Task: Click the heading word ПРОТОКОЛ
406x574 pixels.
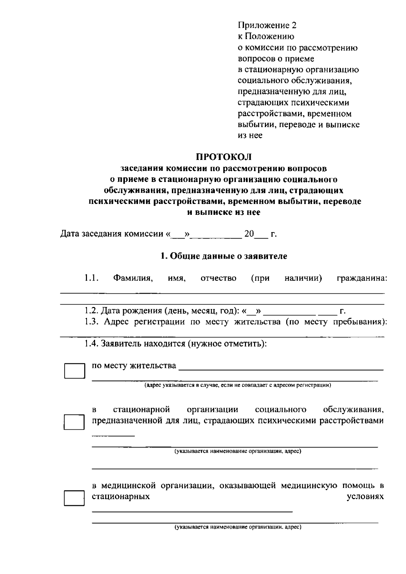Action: pos(224,157)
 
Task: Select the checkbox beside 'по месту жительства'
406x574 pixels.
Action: pos(74,371)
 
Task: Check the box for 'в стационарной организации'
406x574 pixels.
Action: pos(74,422)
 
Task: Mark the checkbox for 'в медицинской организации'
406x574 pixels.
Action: pos(74,498)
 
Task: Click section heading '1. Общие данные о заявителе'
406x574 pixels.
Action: pos(224,256)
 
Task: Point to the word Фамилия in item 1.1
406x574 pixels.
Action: pos(133,279)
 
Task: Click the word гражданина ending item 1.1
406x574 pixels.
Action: pos(362,279)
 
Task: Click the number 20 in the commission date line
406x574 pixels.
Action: pos(249,234)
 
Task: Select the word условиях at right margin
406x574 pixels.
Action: pos(365,497)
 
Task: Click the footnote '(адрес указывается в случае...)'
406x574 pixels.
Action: pos(238,385)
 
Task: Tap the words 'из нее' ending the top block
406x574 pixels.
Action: pos(250,136)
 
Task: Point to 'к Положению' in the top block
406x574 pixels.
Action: pos(266,36)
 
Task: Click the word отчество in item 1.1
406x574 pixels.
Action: pos(219,279)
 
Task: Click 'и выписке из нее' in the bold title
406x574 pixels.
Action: pos(224,212)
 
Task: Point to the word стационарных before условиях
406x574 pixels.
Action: pos(121,497)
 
